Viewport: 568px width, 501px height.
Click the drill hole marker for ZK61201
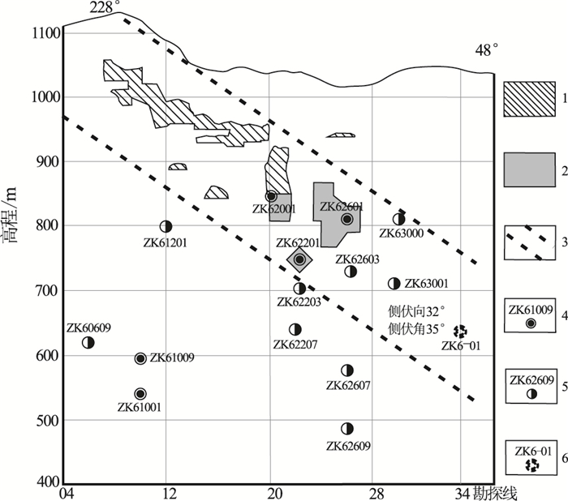click(166, 227)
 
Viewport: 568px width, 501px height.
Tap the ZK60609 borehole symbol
click(88, 342)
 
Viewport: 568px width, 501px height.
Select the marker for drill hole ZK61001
click(140, 394)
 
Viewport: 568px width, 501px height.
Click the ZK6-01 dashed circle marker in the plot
click(460, 331)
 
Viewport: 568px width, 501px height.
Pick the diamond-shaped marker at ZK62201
click(299, 259)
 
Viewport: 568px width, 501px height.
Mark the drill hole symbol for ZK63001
click(394, 284)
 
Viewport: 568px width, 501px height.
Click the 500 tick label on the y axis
click(49, 421)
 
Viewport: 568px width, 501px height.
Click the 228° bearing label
click(105, 8)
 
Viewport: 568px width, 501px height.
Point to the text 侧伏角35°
click(415, 329)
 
